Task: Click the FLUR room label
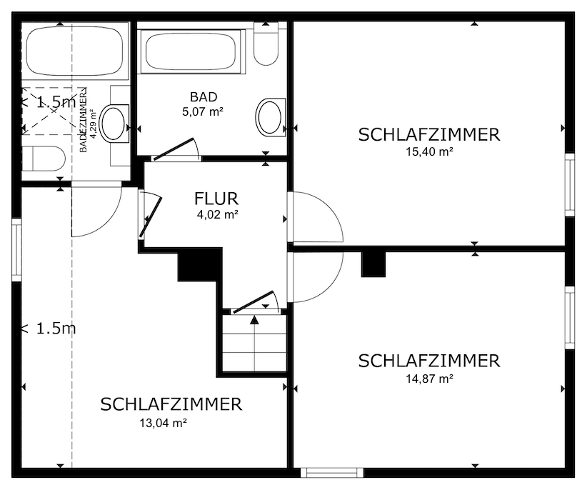pyautogui.click(x=216, y=199)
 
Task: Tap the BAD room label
pyautogui.click(x=204, y=97)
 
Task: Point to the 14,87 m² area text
pyautogui.click(x=428, y=379)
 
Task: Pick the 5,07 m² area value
pyautogui.click(x=204, y=111)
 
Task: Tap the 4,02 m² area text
pyautogui.click(x=217, y=214)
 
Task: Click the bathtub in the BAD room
pyautogui.click(x=191, y=51)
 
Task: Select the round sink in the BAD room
pyautogui.click(x=269, y=116)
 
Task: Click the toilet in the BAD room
pyautogui.click(x=266, y=44)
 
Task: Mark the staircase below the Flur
pyautogui.click(x=254, y=343)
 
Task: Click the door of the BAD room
pyautogui.click(x=176, y=148)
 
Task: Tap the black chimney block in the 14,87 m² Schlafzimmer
pyautogui.click(x=373, y=264)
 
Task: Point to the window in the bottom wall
pyautogui.click(x=331, y=472)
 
